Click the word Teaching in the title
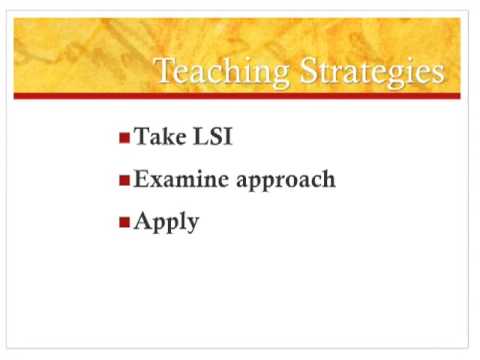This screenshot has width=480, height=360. point(223,72)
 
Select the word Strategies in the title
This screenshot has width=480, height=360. point(372,72)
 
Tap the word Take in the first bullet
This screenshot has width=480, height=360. point(160,136)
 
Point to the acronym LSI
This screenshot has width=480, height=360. point(213,136)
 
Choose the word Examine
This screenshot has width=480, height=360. point(181,179)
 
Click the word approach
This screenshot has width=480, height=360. point(286,181)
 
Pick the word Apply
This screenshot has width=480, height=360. point(166,222)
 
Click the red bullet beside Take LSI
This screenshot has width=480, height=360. point(124,138)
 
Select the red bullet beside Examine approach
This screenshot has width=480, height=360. point(124,180)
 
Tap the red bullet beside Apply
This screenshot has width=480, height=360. point(124,222)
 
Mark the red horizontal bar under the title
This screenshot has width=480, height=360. point(237,96)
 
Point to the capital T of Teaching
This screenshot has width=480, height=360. point(165,70)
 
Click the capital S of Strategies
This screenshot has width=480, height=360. point(307,70)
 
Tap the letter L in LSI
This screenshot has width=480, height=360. point(201,136)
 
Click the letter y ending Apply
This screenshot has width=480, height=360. point(192,225)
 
